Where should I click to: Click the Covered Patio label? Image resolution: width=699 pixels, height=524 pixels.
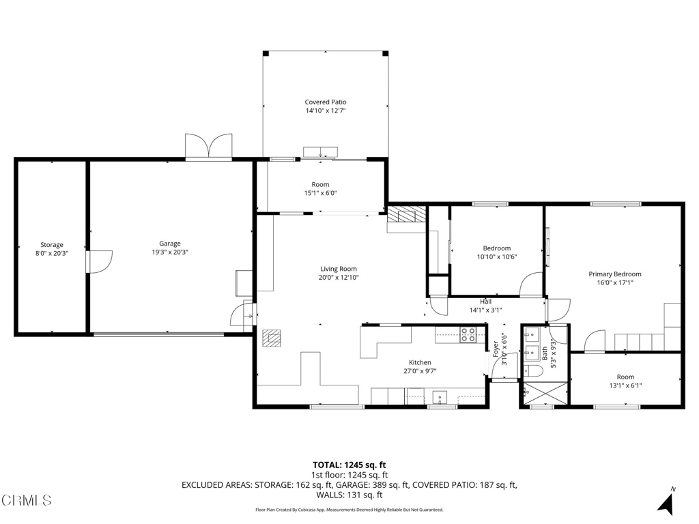(325, 102)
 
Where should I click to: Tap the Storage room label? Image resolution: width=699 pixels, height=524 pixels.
(52, 245)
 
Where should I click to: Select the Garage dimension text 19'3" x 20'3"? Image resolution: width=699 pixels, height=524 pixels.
(170, 252)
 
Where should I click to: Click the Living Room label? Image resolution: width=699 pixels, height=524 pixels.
(339, 269)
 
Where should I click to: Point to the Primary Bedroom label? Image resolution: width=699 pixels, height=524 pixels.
(615, 274)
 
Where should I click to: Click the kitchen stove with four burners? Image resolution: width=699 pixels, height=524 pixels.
(468, 334)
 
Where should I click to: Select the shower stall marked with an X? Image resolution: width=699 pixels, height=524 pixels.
(544, 394)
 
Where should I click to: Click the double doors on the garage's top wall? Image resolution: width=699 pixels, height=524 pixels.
(210, 146)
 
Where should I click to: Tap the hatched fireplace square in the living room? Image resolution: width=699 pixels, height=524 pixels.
(272, 338)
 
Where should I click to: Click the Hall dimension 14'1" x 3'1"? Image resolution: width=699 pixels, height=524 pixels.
(485, 310)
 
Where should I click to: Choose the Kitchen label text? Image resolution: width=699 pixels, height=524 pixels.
(420, 362)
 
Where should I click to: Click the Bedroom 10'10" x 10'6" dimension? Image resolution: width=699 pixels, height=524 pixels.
(496, 257)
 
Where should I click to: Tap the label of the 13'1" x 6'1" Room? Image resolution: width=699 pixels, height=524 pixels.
(625, 377)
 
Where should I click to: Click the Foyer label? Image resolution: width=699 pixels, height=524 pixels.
(496, 349)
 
